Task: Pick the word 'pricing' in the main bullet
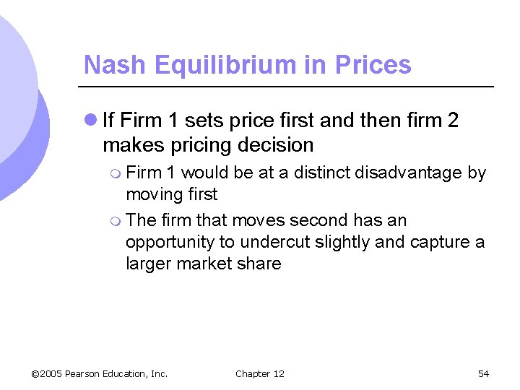coord(196,145)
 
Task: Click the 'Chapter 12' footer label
coord(260,373)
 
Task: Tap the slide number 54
coord(483,373)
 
